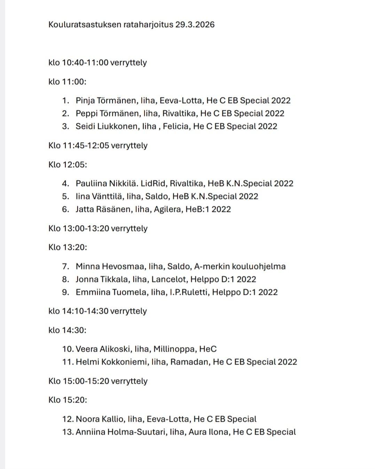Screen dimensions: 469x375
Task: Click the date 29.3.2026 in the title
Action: (x=195, y=25)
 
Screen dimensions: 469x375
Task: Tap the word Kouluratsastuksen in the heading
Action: (x=85, y=25)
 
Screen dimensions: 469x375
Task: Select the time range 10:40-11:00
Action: (x=85, y=63)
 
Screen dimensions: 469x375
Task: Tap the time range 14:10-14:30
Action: (x=85, y=311)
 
